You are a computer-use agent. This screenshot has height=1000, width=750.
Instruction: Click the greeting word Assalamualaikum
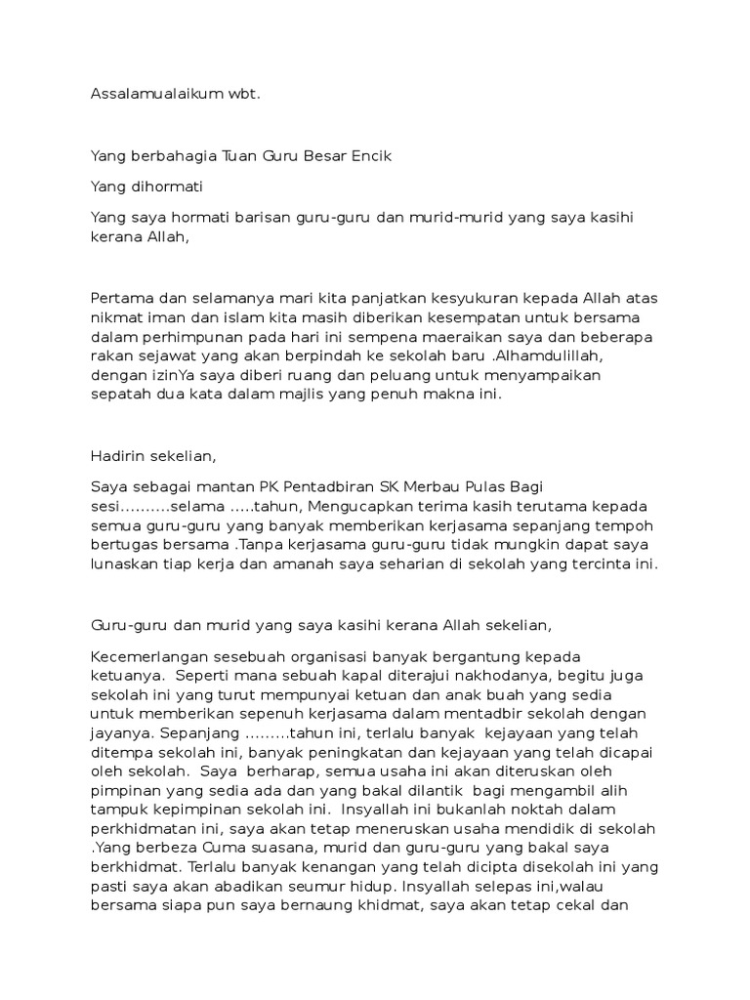148,95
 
